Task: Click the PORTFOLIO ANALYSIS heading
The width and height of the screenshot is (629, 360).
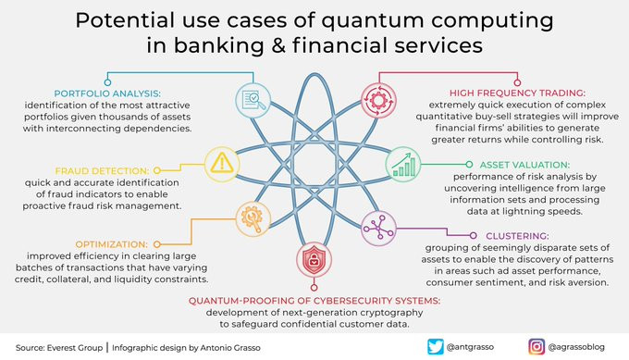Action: (107, 93)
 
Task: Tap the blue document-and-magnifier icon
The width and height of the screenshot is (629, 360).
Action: (253, 100)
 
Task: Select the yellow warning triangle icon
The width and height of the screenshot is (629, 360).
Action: (222, 164)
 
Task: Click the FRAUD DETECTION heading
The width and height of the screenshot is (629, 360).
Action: (102, 171)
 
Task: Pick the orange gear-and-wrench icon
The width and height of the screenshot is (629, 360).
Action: (253, 218)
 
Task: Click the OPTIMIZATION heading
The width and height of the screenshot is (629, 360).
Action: (112, 244)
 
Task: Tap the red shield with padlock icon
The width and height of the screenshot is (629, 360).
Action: (314, 259)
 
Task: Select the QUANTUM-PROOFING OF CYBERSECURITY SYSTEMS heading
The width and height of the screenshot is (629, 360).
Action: (314, 301)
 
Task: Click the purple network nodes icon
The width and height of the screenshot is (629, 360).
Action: (378, 229)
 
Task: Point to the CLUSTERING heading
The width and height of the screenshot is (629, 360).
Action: (517, 236)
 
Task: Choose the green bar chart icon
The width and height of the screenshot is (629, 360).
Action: (403, 165)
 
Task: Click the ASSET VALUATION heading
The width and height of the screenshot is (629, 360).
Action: (524, 165)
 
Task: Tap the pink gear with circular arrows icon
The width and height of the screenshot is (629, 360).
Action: (378, 100)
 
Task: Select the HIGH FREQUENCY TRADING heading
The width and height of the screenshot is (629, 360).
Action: (517, 93)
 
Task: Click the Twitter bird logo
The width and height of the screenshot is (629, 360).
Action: (436, 347)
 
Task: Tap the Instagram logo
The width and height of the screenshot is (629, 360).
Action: (536, 347)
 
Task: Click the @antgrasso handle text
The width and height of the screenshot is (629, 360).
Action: (470, 347)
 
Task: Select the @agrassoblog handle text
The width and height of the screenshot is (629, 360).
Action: (576, 347)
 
